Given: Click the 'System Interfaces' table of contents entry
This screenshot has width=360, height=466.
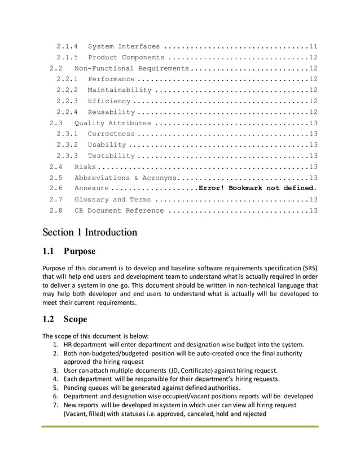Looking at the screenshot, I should (x=124, y=46).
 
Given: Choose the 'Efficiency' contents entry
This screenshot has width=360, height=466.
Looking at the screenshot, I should (x=109, y=101).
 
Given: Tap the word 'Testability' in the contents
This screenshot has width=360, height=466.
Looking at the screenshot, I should (x=111, y=156).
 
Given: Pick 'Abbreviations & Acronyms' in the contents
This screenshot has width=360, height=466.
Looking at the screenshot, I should (x=123, y=178).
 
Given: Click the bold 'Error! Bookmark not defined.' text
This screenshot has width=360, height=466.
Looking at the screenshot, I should (x=258, y=188).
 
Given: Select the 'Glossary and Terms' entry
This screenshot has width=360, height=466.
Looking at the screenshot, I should (x=112, y=200).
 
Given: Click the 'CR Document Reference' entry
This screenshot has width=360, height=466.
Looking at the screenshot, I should (x=119, y=210).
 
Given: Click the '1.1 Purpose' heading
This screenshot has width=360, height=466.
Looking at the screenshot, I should (x=68, y=251).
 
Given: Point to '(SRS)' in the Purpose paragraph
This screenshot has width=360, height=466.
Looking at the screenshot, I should (x=306, y=267).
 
